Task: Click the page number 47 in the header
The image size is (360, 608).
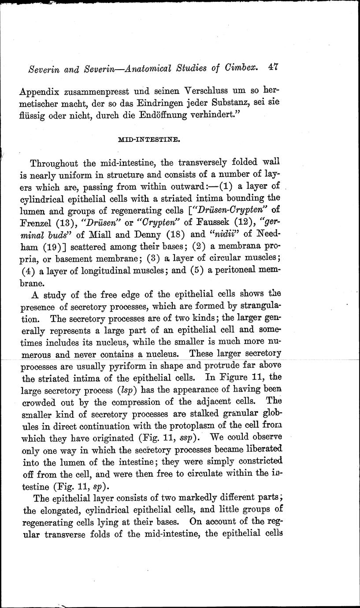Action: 274,68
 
